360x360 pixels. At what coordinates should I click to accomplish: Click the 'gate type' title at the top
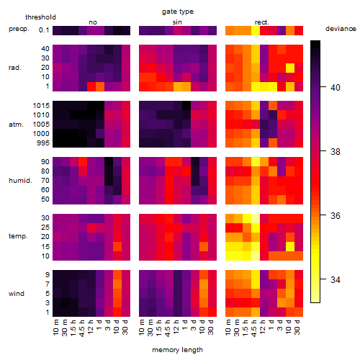178,12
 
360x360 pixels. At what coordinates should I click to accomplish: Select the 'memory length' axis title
177,350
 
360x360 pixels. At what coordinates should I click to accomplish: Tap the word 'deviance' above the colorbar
341,29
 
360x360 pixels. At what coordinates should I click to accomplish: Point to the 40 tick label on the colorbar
336,88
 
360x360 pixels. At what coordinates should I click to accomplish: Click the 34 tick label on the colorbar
336,279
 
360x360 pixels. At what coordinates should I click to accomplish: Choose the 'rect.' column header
261,22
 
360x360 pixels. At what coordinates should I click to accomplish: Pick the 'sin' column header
177,22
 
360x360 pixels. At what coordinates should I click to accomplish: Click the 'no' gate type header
93,22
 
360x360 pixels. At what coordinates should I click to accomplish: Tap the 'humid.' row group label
20,181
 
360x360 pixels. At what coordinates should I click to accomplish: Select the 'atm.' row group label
16,125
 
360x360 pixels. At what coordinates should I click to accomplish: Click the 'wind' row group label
17,294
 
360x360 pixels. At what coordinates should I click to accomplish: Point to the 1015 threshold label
41,106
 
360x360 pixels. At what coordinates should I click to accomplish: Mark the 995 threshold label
43,143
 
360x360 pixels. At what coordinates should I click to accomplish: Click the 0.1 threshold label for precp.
44,30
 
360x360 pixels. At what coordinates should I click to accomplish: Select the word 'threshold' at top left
40,17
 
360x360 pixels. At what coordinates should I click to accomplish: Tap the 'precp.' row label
19,30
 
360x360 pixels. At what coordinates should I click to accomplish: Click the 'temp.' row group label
18,236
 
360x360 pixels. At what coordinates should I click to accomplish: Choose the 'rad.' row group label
15,68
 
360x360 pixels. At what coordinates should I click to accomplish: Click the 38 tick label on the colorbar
336,152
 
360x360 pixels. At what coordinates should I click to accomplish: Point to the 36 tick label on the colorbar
336,216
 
